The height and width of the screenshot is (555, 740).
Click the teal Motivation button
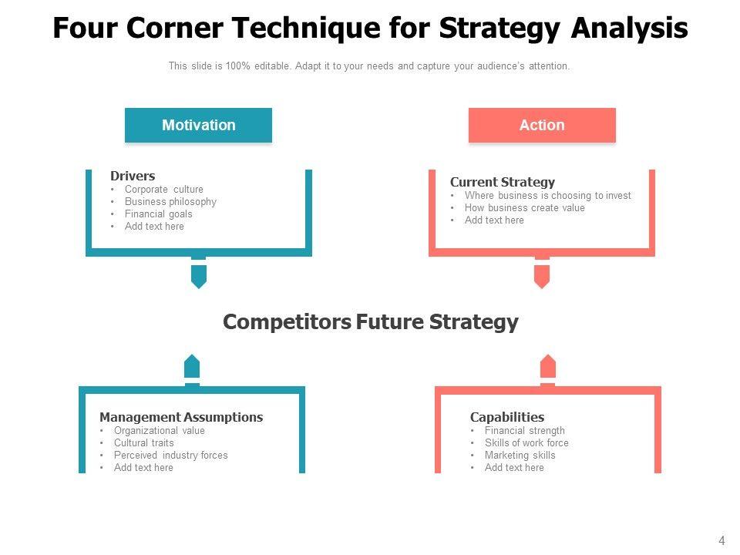[198, 125]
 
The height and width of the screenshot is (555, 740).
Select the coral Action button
[542, 125]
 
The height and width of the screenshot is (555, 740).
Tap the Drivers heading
[133, 176]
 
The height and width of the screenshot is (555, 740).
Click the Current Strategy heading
[502, 182]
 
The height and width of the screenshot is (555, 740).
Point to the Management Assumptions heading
[181, 417]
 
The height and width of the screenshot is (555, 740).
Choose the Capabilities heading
[507, 417]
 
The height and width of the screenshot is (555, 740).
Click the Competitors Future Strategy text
[371, 322]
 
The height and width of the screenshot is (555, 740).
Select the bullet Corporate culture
[163, 190]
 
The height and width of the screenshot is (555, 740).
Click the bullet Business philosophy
[170, 201]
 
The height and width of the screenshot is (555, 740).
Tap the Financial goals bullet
[159, 214]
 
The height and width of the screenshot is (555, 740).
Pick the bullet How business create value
[524, 207]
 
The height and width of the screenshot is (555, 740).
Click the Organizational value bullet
[160, 430]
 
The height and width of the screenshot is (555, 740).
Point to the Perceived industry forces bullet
[171, 455]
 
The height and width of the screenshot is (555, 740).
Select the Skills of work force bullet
[526, 442]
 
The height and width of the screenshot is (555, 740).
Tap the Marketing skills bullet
[520, 455]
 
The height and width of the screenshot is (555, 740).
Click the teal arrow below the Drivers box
[199, 276]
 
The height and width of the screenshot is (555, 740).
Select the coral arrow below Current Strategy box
[542, 276]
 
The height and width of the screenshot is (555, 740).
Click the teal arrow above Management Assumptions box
[192, 367]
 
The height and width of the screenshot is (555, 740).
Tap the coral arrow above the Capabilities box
[547, 367]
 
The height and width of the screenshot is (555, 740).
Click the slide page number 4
[721, 541]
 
